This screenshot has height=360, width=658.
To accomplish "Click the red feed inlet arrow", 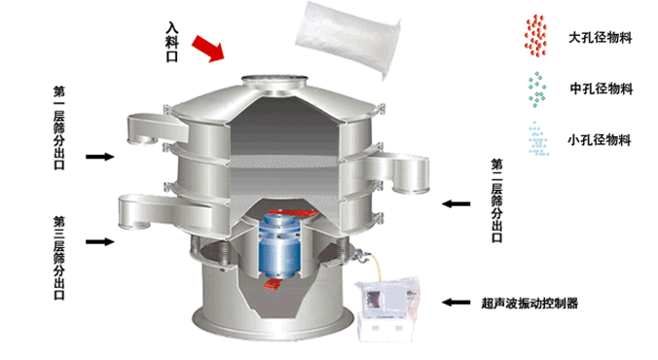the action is pyautogui.click(x=208, y=49).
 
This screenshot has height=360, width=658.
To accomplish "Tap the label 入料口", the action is pyautogui.click(x=172, y=43).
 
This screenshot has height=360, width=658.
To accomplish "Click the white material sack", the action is pyautogui.click(x=347, y=37).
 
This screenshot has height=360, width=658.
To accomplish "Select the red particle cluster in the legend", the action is pyautogui.click(x=536, y=36).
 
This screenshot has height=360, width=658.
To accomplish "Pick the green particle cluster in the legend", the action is pyautogui.click(x=536, y=89).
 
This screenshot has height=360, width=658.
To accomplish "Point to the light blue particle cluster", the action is pyautogui.click(x=538, y=139).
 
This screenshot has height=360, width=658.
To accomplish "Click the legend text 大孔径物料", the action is pyautogui.click(x=601, y=38).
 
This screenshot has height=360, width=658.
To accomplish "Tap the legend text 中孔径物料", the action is pyautogui.click(x=602, y=89).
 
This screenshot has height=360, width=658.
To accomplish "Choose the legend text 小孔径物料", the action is pyautogui.click(x=600, y=140).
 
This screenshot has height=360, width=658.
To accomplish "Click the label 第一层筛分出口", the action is pyautogui.click(x=59, y=128).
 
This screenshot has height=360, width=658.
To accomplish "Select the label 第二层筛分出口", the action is pyautogui.click(x=497, y=200).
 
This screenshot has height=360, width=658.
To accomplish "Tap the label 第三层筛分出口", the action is pyautogui.click(x=59, y=258).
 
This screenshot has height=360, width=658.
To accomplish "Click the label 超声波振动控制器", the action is pyautogui.click(x=530, y=303).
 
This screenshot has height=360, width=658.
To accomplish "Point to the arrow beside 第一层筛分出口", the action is pyautogui.click(x=100, y=157).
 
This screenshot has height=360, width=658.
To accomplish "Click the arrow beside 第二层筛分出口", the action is pyautogui.click(x=457, y=204).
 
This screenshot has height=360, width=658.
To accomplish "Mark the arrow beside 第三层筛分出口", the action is pyautogui.click(x=100, y=241).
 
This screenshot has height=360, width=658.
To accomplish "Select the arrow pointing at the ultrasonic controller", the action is pyautogui.click(x=457, y=302).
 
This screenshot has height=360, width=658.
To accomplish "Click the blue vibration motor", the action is pyautogui.click(x=279, y=245).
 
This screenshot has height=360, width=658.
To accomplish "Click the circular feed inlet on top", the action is pyautogui.click(x=274, y=80).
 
